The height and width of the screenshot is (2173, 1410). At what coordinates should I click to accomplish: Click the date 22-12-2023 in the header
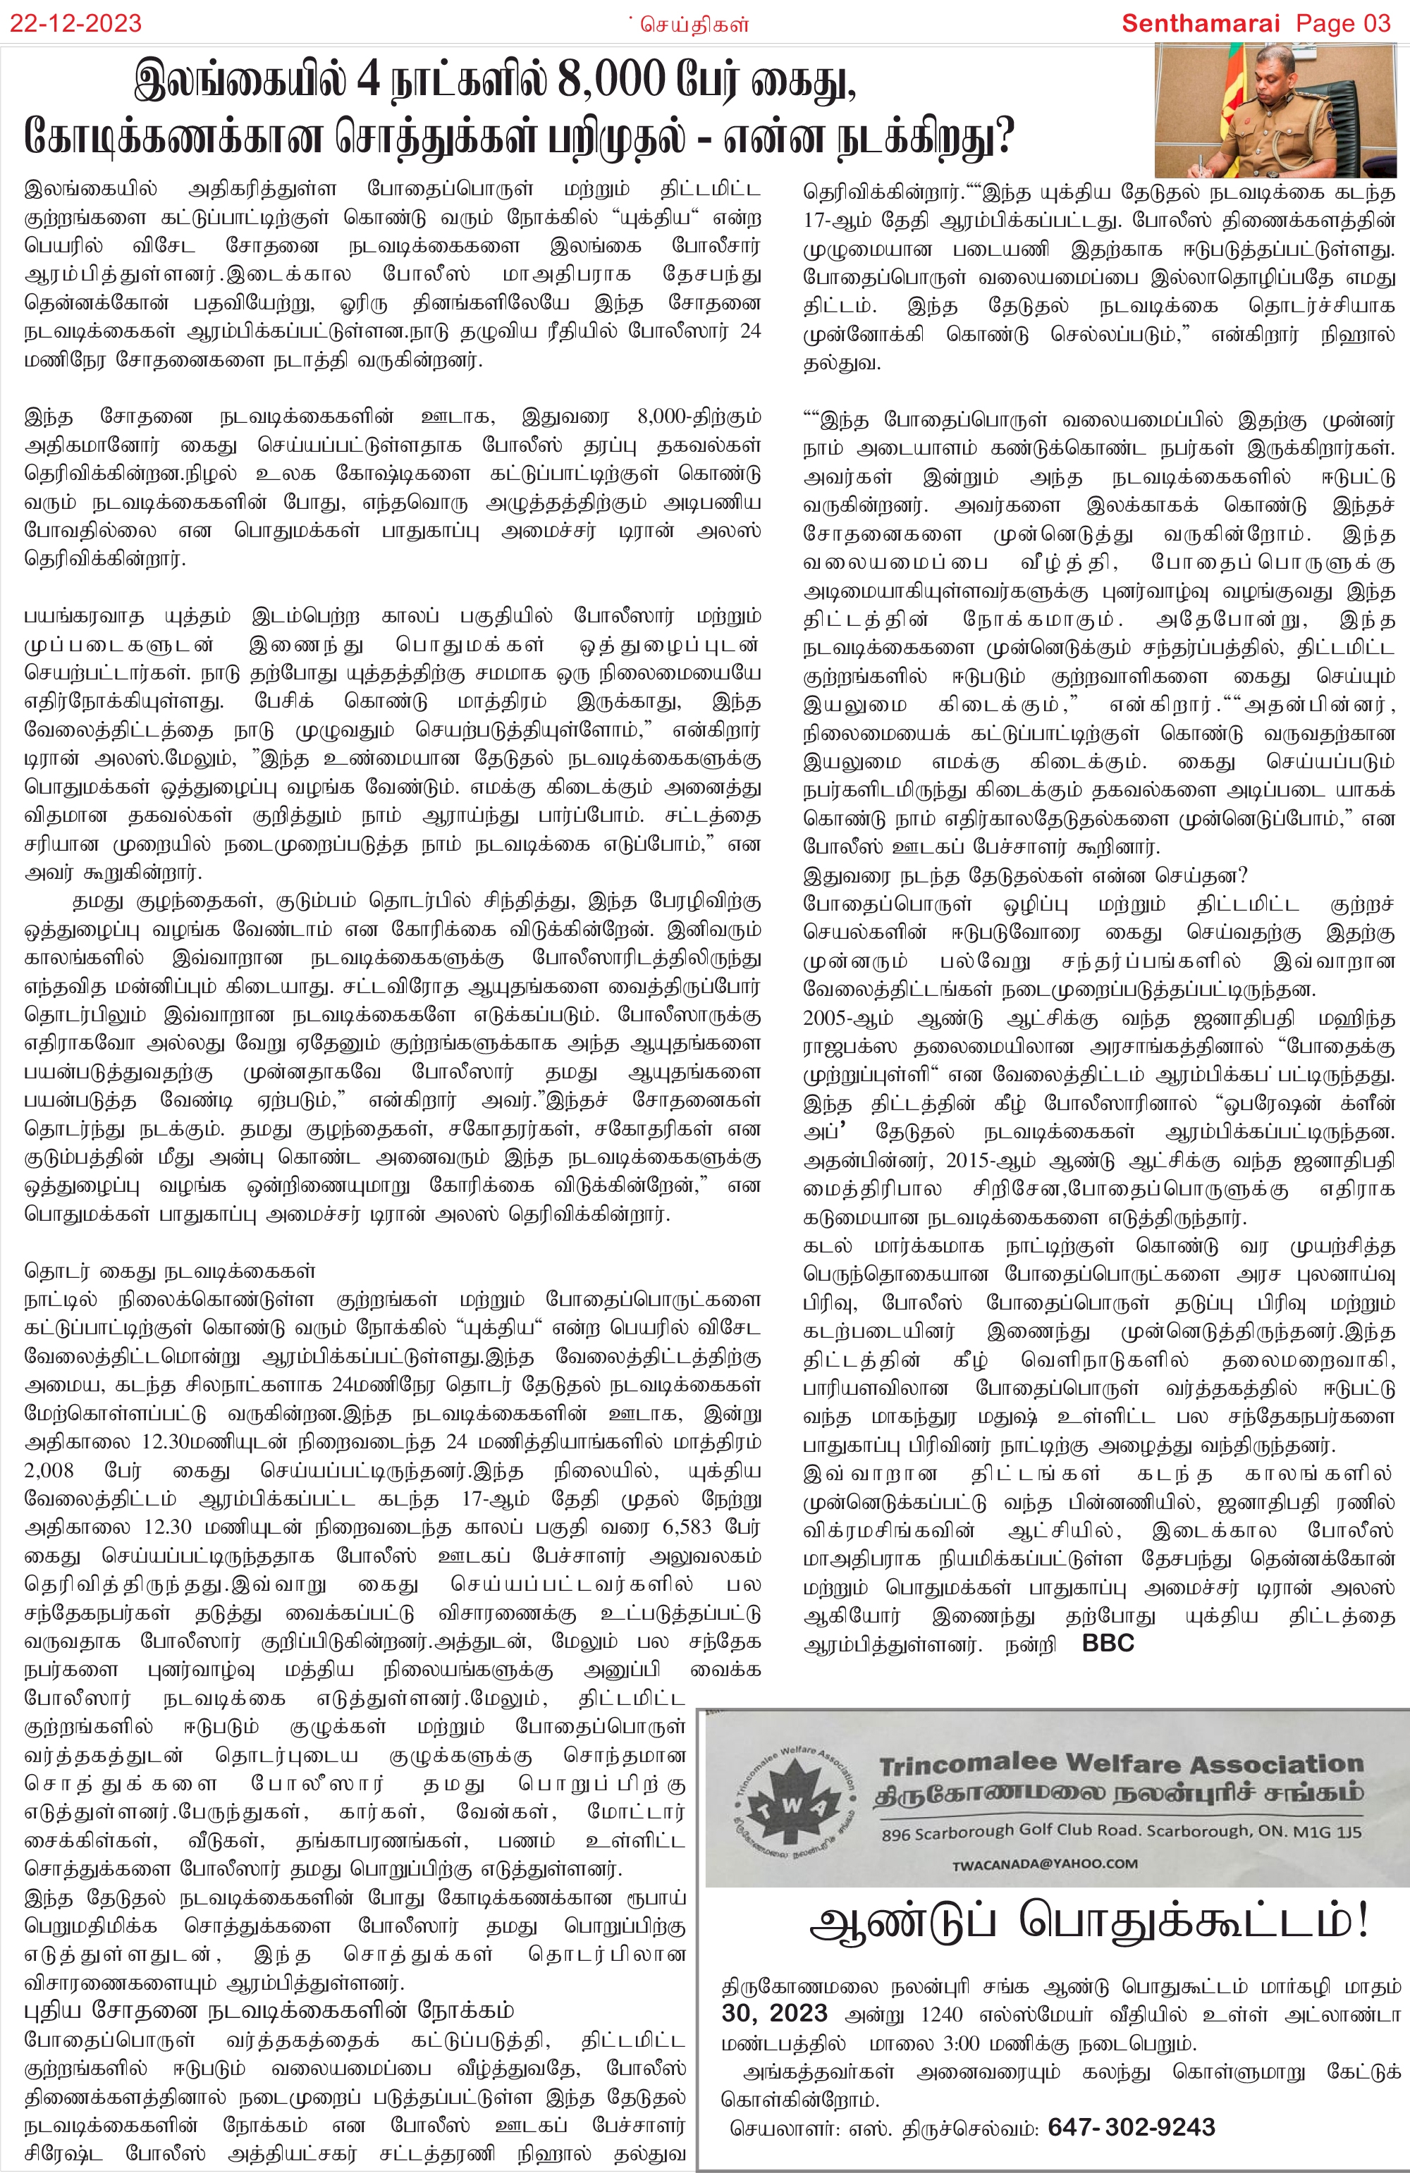click(76, 24)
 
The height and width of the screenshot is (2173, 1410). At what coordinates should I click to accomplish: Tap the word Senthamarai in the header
click(1201, 24)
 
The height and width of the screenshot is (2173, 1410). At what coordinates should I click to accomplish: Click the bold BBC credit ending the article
click(1108, 1644)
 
